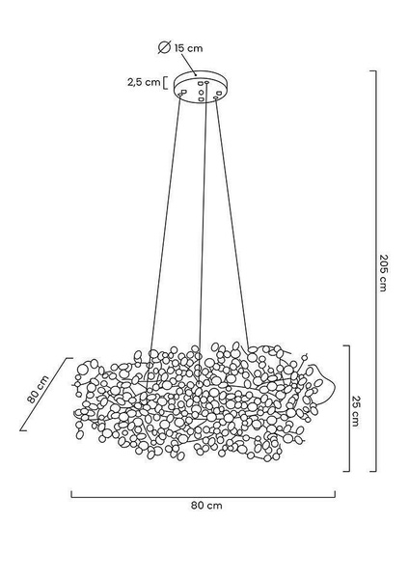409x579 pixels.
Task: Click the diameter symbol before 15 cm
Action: (x=164, y=47)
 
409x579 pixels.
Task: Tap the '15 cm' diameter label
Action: (x=189, y=48)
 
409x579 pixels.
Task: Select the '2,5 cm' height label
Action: (x=144, y=82)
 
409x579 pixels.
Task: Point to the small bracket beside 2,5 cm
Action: (x=165, y=83)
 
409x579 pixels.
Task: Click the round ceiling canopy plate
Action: (x=201, y=87)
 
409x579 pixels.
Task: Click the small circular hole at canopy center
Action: (x=202, y=92)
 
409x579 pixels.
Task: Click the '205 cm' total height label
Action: (x=384, y=272)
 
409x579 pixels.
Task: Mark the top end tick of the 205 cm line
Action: (x=372, y=70)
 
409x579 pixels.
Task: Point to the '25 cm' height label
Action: (x=355, y=411)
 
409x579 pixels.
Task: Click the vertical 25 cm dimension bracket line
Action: (x=349, y=408)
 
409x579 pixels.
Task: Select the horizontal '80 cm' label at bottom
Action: (x=206, y=505)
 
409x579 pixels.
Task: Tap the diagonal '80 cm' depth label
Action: (x=38, y=390)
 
